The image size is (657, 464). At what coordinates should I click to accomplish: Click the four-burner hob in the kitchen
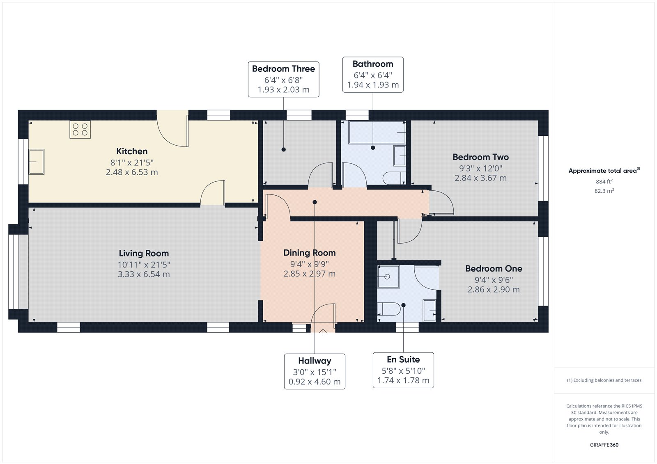click(x=80, y=129)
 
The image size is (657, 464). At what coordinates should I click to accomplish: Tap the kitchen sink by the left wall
click(x=36, y=162)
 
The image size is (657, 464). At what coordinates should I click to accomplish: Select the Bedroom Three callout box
click(x=283, y=79)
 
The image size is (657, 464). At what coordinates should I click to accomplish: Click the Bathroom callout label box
click(x=373, y=74)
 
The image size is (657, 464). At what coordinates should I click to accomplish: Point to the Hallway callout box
click(x=315, y=371)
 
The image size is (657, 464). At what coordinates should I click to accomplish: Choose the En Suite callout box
click(x=403, y=370)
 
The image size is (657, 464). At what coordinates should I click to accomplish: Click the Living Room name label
click(x=144, y=254)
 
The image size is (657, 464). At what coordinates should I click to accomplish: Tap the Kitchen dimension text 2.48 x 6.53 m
click(x=132, y=172)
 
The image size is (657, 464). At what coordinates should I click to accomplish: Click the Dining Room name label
click(x=309, y=253)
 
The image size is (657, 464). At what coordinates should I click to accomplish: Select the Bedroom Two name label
click(x=480, y=157)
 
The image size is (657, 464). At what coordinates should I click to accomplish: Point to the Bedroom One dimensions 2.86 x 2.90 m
click(x=494, y=290)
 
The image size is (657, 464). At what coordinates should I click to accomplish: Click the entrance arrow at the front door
click(x=323, y=332)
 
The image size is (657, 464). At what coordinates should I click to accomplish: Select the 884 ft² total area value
click(x=604, y=181)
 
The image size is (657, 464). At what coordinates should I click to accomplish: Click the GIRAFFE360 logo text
click(x=604, y=445)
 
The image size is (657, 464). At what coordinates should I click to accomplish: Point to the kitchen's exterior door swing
click(x=172, y=131)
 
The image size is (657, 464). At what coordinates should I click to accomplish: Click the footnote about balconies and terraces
click(x=604, y=380)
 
